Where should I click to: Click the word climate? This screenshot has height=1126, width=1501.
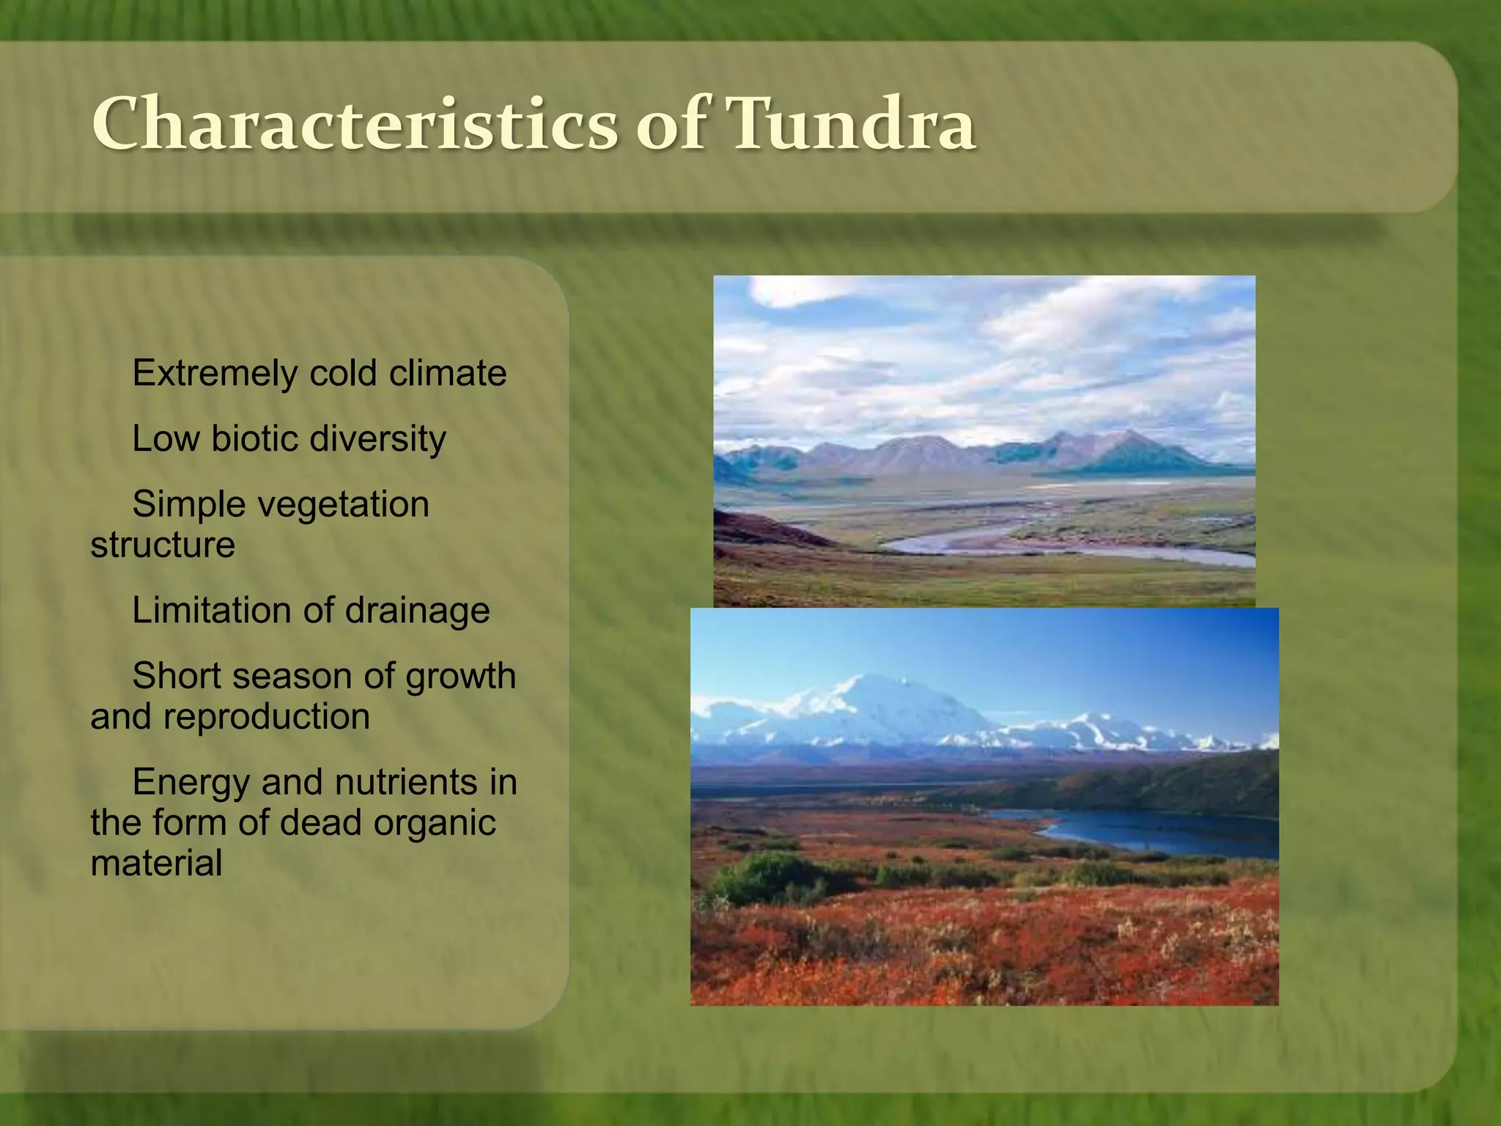448,374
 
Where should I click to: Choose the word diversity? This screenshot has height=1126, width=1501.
377,439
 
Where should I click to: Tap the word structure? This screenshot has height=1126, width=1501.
163,545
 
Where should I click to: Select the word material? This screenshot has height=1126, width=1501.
156,863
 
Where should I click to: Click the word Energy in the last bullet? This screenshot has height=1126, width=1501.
191,782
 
